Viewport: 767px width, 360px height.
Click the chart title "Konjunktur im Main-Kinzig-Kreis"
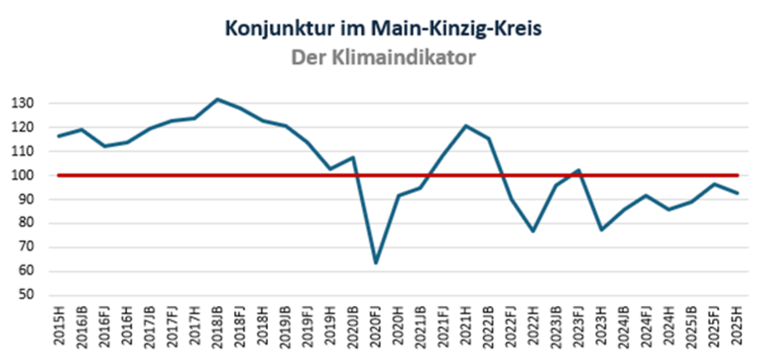click(383, 29)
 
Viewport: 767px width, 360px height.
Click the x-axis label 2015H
click(59, 329)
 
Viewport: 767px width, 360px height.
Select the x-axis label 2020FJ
click(375, 329)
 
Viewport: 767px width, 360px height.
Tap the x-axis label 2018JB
click(217, 329)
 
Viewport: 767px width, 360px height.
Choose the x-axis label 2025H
click(736, 329)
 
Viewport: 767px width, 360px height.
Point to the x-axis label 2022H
click(533, 329)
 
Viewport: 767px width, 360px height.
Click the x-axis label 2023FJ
click(578, 329)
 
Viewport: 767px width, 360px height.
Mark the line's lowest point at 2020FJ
click(375, 263)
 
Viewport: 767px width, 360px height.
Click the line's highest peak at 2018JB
click(217, 99)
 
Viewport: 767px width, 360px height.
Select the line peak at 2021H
click(466, 125)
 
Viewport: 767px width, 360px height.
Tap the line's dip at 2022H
click(533, 232)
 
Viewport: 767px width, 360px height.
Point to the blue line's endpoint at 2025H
click(736, 193)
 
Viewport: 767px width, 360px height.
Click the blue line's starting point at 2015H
click(59, 136)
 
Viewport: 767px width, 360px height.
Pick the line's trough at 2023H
click(601, 230)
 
